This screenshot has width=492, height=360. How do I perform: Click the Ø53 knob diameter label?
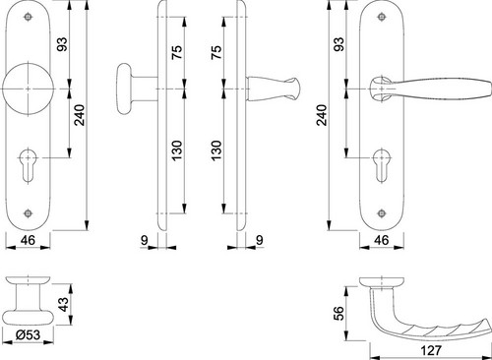29,334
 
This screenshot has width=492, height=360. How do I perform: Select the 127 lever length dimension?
431,350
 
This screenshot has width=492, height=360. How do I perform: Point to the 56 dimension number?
339,313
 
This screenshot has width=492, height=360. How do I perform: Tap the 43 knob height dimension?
64,304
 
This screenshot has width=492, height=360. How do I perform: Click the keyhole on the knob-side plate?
28,165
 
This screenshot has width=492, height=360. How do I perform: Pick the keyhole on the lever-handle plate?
382,165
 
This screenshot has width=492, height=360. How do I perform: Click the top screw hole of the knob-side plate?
28,17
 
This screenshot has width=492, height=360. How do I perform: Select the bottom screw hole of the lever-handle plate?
382,213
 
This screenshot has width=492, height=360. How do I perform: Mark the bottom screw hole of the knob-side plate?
28,213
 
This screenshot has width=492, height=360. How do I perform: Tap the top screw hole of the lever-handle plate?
382,17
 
